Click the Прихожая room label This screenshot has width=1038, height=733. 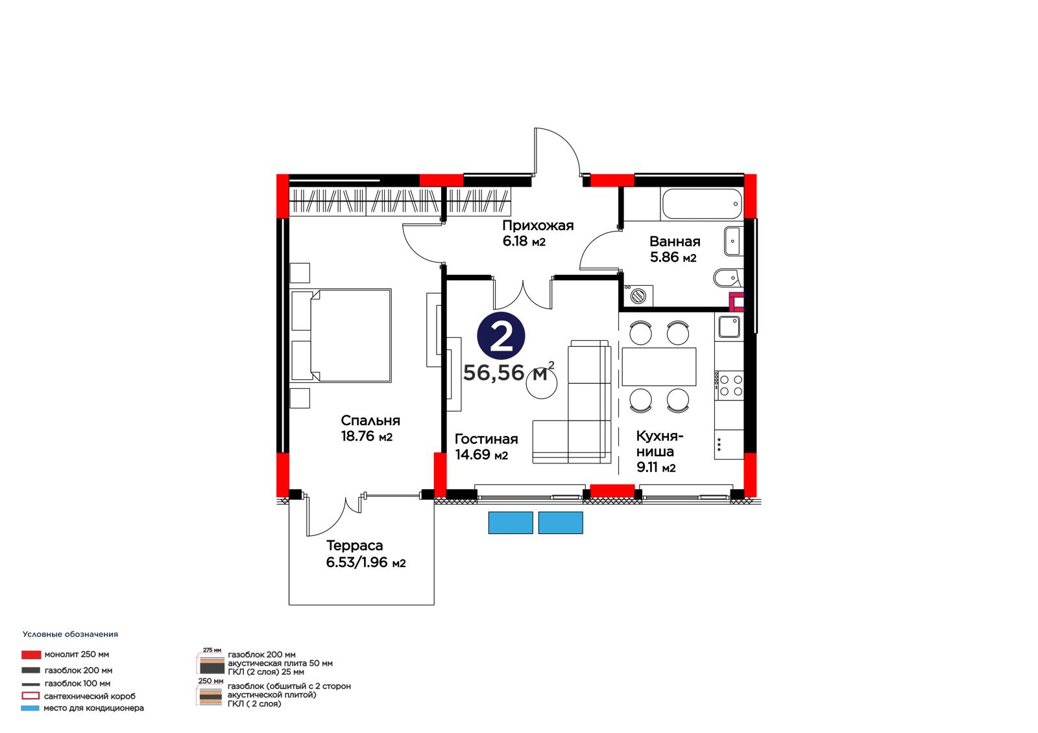[538, 233]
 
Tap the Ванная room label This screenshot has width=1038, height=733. [674, 249]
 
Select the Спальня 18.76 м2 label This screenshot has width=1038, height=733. [370, 428]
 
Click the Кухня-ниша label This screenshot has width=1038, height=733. [659, 452]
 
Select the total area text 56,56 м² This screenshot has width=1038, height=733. [509, 372]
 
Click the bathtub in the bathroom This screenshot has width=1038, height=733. [702, 204]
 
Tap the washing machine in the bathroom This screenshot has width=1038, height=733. [638, 296]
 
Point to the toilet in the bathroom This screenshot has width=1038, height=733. [727, 278]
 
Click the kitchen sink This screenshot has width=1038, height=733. [730, 327]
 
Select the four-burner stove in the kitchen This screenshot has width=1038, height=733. [730, 385]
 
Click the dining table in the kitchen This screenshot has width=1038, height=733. [659, 367]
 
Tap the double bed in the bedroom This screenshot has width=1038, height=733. [341, 336]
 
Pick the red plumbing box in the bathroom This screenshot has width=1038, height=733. [736, 303]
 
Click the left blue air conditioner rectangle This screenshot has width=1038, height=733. [510, 523]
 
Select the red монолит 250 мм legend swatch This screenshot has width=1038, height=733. [31, 655]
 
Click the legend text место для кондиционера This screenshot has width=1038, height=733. [93, 708]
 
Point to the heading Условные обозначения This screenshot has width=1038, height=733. [71, 634]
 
